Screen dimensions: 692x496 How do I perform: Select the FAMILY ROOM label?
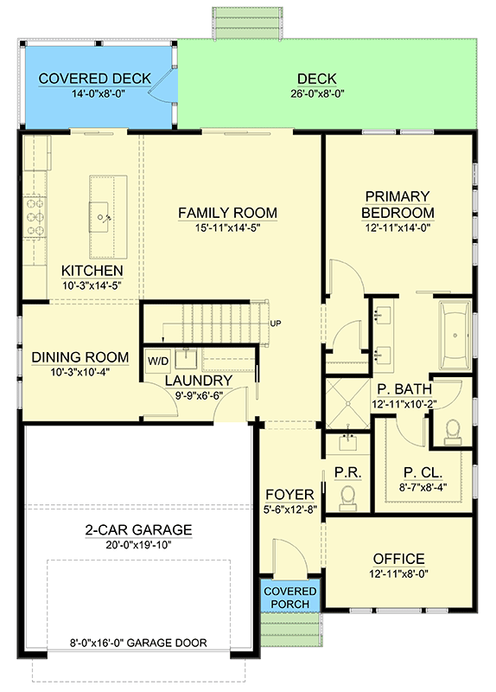coord(227,213)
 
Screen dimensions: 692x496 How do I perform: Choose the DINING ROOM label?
coord(79,357)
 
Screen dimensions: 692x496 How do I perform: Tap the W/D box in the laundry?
coord(158,360)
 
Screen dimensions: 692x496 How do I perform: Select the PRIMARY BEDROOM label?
coord(397,204)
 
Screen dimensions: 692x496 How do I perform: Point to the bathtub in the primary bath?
coord(455,336)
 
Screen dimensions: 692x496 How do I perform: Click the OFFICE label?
coord(398,559)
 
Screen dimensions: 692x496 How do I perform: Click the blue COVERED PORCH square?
coord(290,597)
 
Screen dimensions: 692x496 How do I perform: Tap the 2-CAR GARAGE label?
coord(138,530)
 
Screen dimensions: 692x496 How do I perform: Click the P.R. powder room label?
coord(343,474)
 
